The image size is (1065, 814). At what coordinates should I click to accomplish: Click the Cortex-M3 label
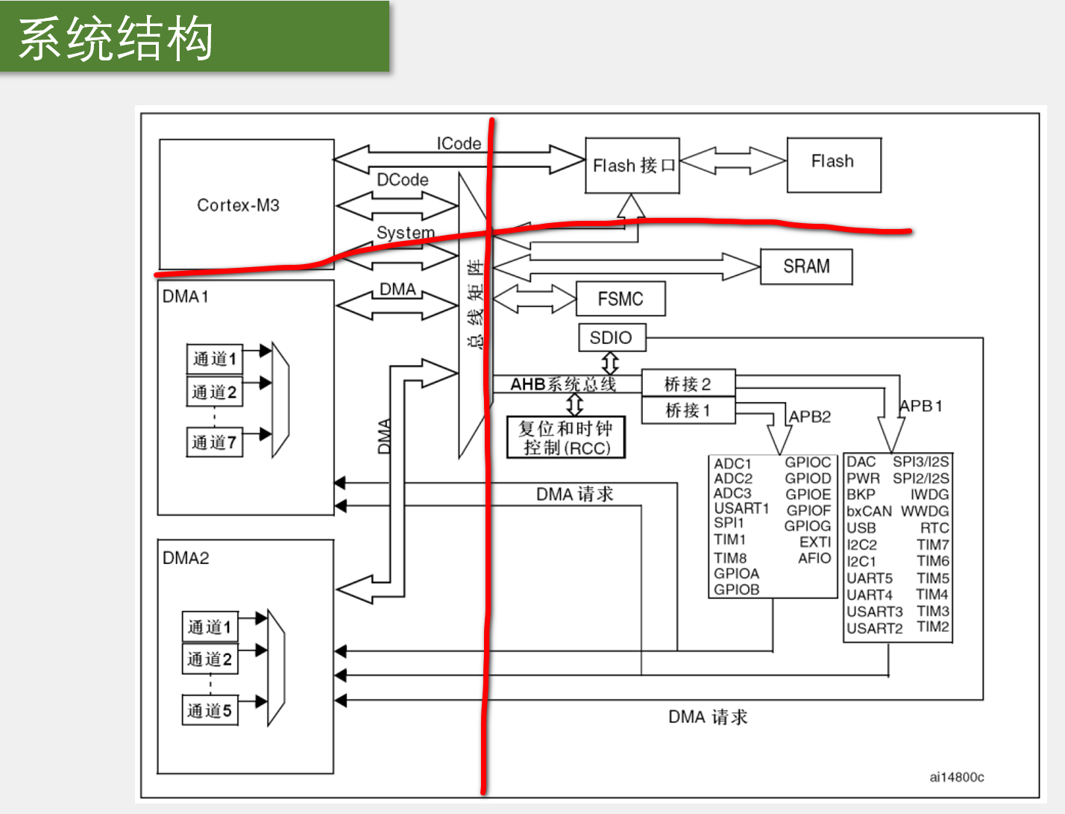point(238,205)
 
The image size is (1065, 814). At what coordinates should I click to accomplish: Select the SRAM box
point(806,266)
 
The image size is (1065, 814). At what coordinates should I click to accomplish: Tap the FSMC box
point(621,299)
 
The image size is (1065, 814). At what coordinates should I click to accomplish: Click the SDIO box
point(612,338)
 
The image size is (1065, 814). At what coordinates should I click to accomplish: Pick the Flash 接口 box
point(632,166)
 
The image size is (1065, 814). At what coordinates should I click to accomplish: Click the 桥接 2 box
point(688,384)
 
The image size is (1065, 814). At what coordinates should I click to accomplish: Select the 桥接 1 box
point(688,410)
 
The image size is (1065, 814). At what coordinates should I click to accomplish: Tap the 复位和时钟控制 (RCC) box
point(566,438)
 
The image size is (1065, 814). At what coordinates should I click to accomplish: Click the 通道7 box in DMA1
point(214,442)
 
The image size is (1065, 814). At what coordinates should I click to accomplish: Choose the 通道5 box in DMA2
point(210,710)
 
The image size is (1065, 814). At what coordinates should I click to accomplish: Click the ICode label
point(459,143)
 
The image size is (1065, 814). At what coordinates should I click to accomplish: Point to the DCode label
point(403,180)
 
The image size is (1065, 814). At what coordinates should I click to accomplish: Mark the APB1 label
point(921,406)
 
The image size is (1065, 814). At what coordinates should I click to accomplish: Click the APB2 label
point(810,416)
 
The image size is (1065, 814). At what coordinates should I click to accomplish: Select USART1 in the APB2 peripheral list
point(741,508)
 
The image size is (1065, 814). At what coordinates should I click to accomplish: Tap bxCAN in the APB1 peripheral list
point(869,511)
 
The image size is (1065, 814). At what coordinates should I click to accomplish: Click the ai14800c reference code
point(957,777)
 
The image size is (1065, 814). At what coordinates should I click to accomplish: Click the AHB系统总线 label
point(563,384)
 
